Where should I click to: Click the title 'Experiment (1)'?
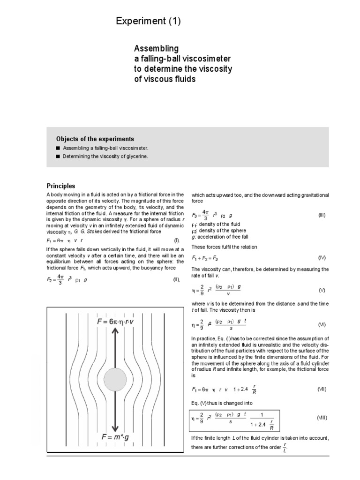(148, 21)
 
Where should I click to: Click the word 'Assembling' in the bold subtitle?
(157, 49)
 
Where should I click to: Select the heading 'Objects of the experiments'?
(95, 139)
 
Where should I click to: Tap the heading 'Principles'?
(61, 186)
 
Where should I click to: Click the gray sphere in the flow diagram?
(115, 379)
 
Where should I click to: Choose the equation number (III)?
(322, 215)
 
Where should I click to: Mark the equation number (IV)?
(322, 258)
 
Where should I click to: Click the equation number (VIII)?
(322, 417)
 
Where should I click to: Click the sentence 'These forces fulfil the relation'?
(224, 247)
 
